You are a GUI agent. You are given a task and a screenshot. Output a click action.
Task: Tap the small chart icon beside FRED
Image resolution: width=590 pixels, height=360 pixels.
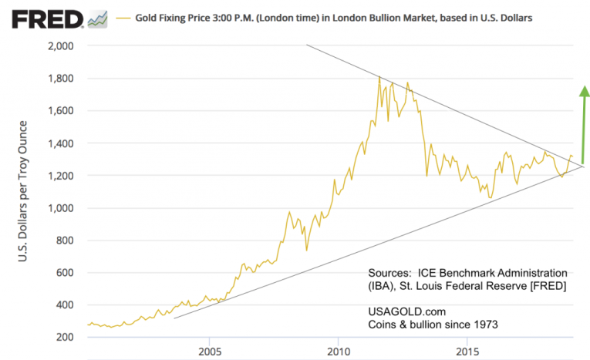tap(98, 17)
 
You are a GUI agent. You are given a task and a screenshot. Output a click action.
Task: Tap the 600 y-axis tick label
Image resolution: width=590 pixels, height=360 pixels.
tap(64, 273)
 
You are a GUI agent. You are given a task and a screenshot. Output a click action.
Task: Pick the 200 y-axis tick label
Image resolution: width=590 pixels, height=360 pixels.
tap(64, 338)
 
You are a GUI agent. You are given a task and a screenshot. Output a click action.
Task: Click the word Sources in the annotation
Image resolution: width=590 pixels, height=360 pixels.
tap(390, 274)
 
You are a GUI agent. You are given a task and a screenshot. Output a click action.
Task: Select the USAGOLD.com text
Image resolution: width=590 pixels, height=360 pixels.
tap(405, 311)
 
